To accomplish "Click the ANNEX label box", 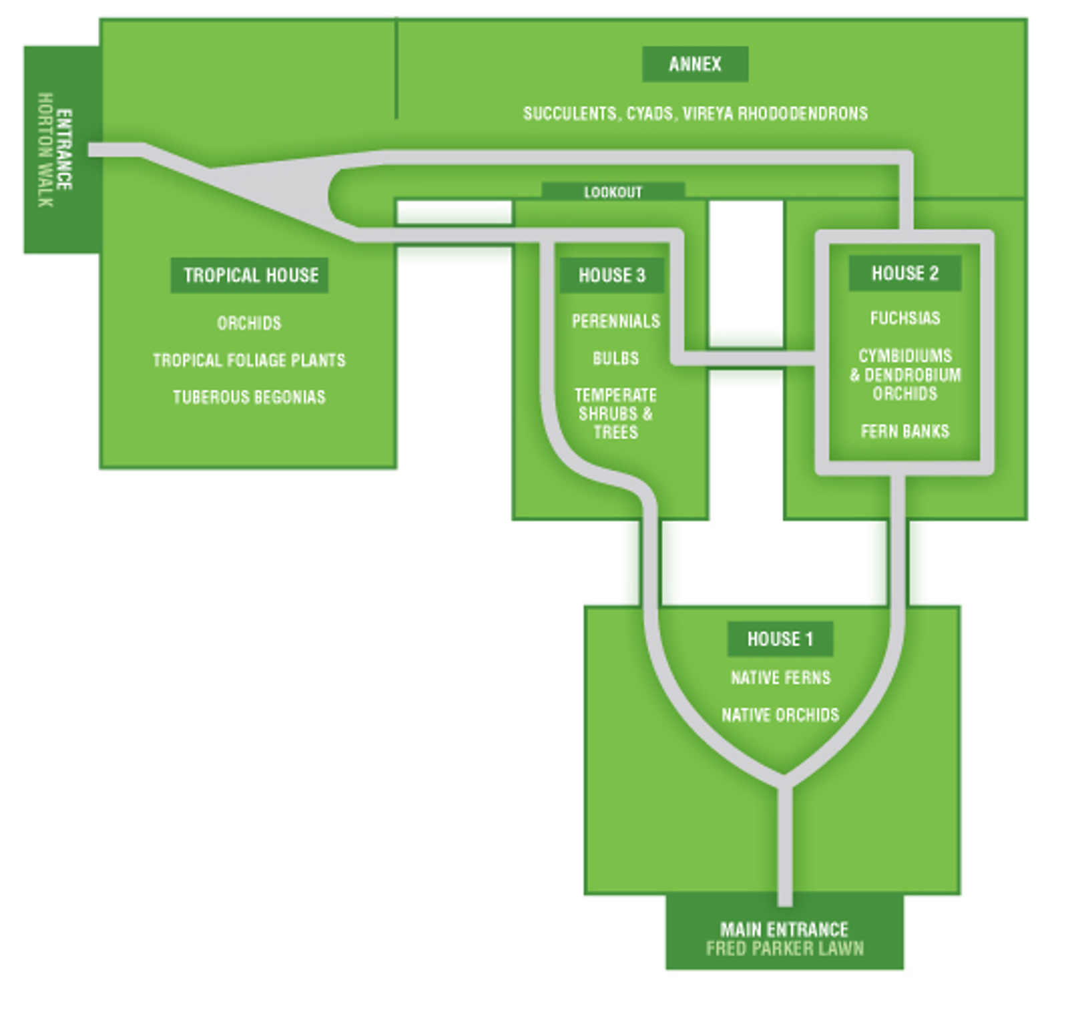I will point(694,64).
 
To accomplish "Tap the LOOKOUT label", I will point(613,192).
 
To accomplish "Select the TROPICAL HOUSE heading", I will point(250,275).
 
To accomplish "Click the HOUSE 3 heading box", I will point(611,275).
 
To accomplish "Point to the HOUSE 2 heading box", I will point(904,273).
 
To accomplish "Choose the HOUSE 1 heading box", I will point(780,639).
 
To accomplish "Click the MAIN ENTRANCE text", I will point(784,929).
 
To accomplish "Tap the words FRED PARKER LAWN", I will point(784,949).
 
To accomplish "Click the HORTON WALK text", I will point(45,150).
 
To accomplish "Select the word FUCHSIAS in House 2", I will point(904,318).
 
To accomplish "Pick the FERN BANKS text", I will point(904,431).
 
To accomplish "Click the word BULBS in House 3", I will point(615,358).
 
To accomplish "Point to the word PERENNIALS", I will point(615,321).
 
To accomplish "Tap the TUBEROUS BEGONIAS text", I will point(249,397).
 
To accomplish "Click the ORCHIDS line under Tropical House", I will point(249,323).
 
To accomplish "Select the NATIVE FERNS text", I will point(780,678).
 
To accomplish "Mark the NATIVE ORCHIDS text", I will point(780,715).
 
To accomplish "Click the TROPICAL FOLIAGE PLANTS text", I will point(249,360).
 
